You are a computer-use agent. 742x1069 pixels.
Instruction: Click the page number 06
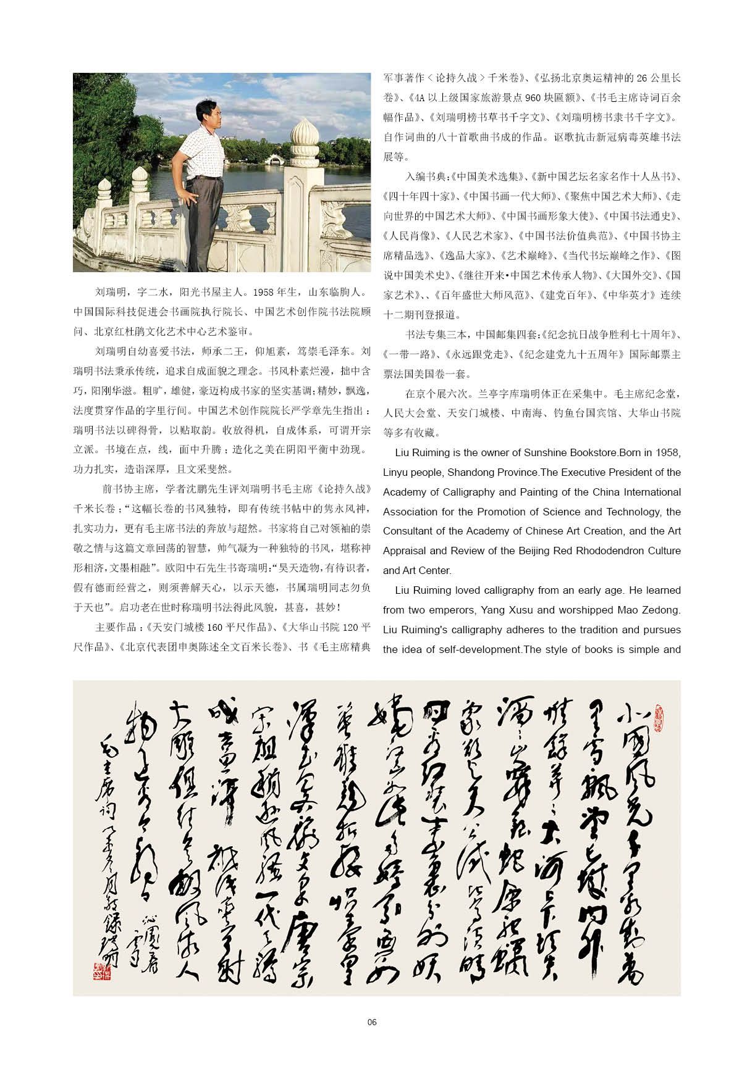click(x=371, y=1021)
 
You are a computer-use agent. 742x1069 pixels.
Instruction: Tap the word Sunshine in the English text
click(x=545, y=452)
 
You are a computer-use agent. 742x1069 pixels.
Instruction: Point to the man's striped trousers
click(x=206, y=216)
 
